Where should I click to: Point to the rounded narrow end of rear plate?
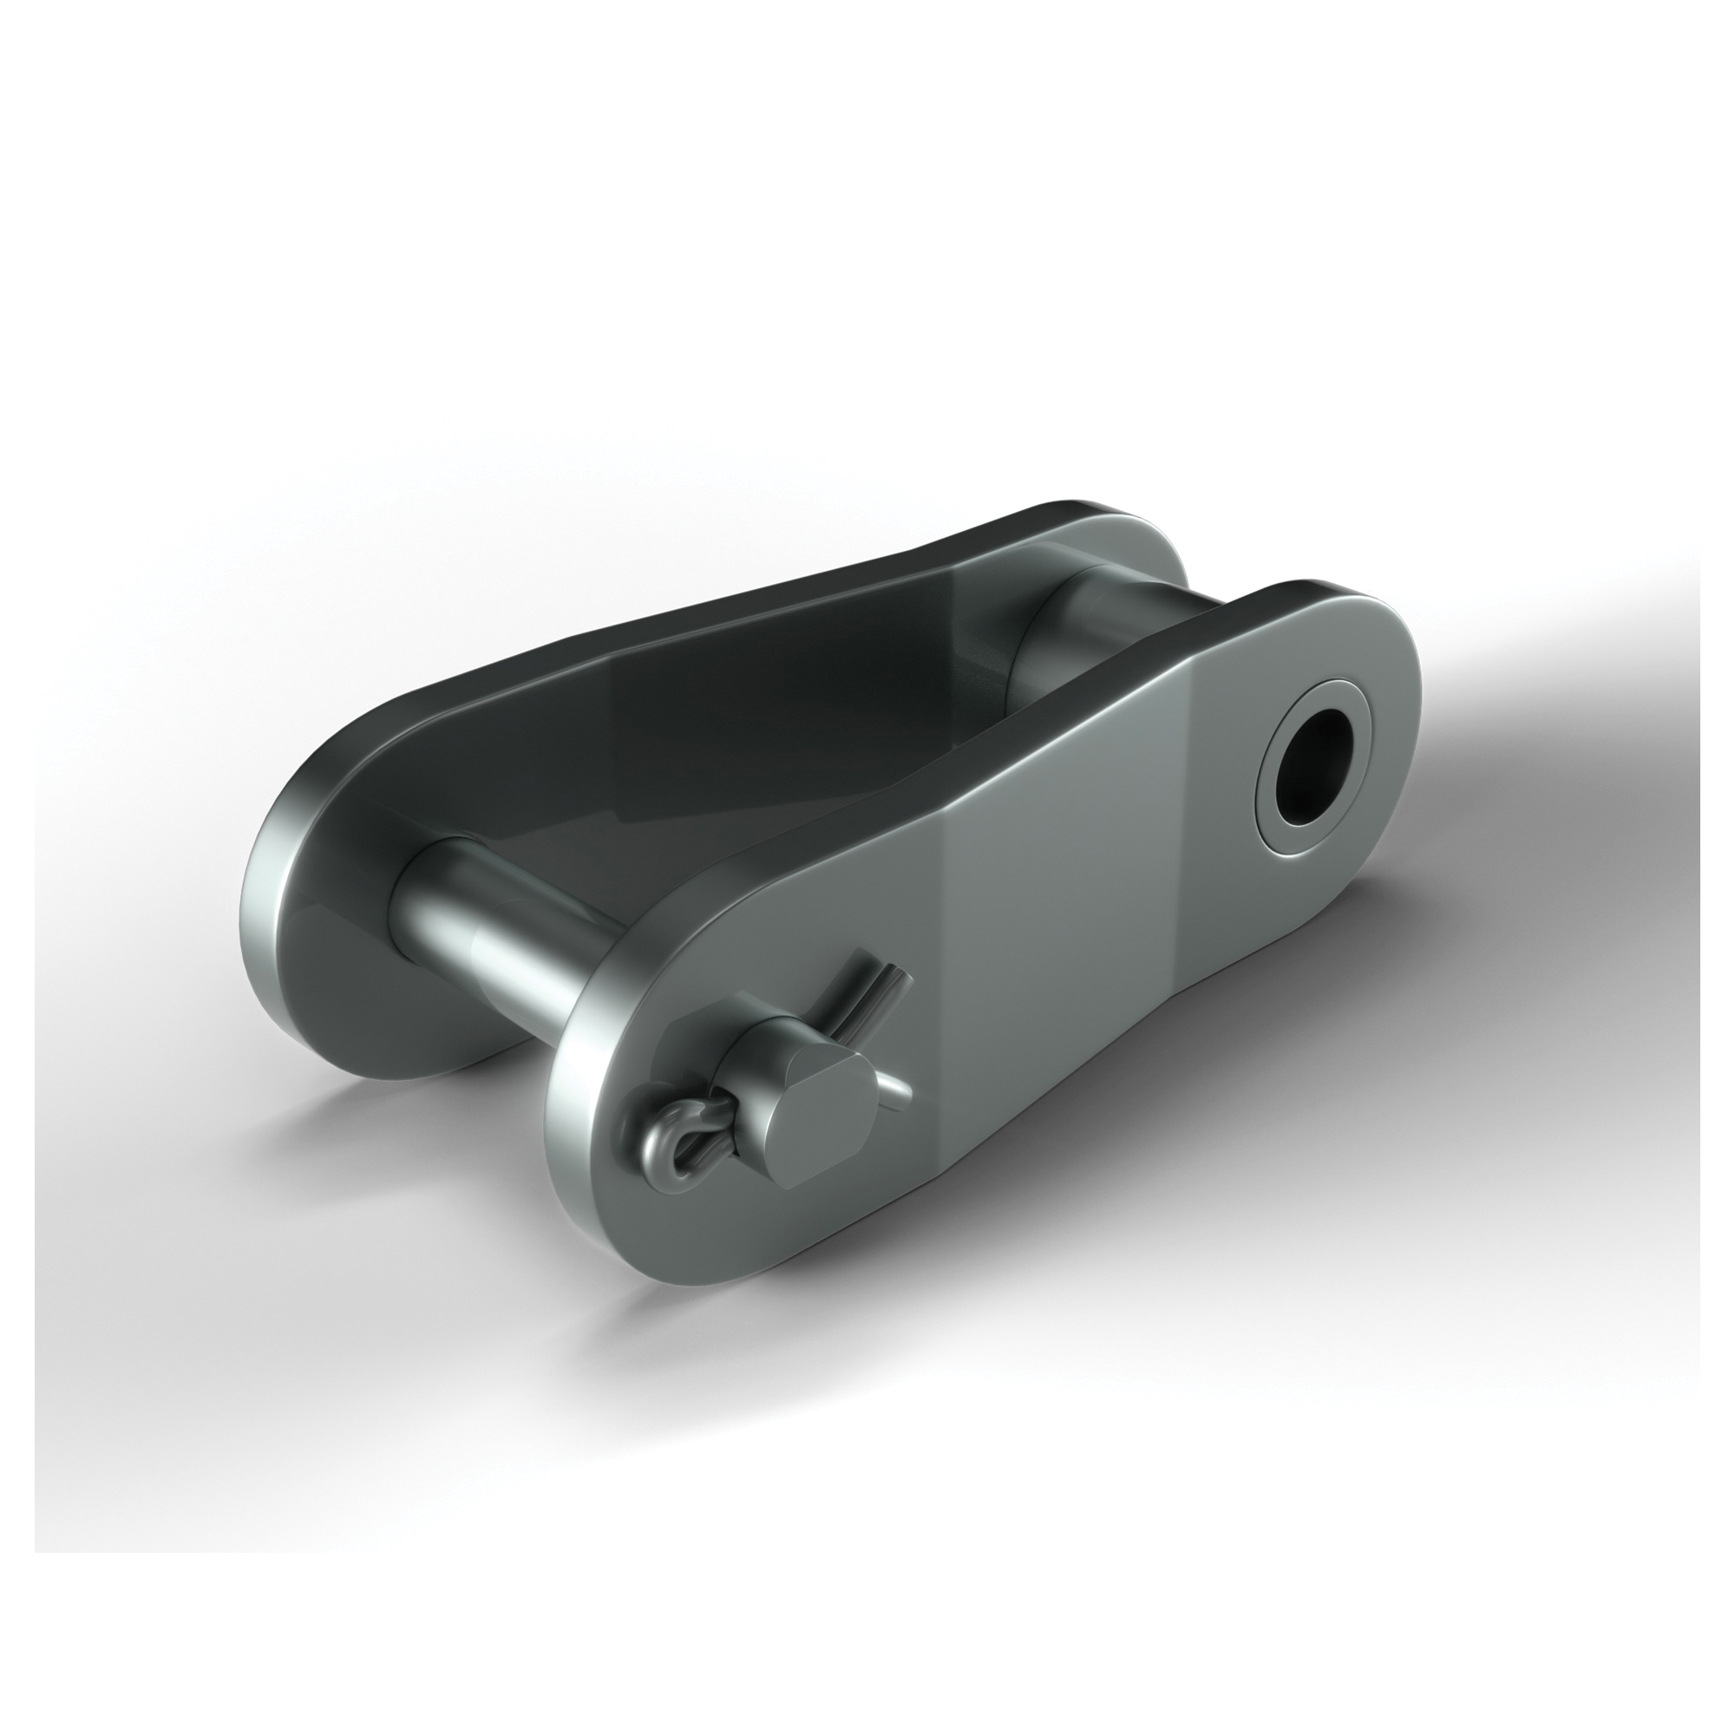tap(1123, 530)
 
